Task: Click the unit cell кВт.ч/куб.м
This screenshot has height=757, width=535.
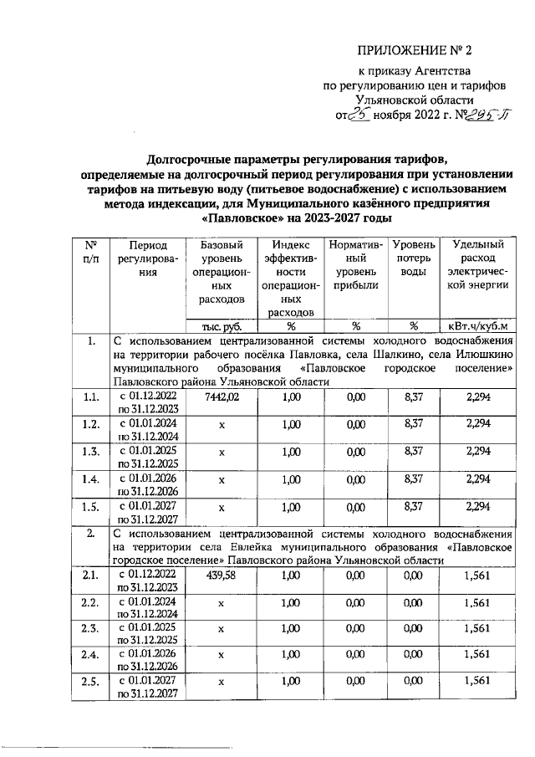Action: click(477, 325)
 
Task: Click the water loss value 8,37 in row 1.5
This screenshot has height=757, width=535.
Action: click(414, 507)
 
